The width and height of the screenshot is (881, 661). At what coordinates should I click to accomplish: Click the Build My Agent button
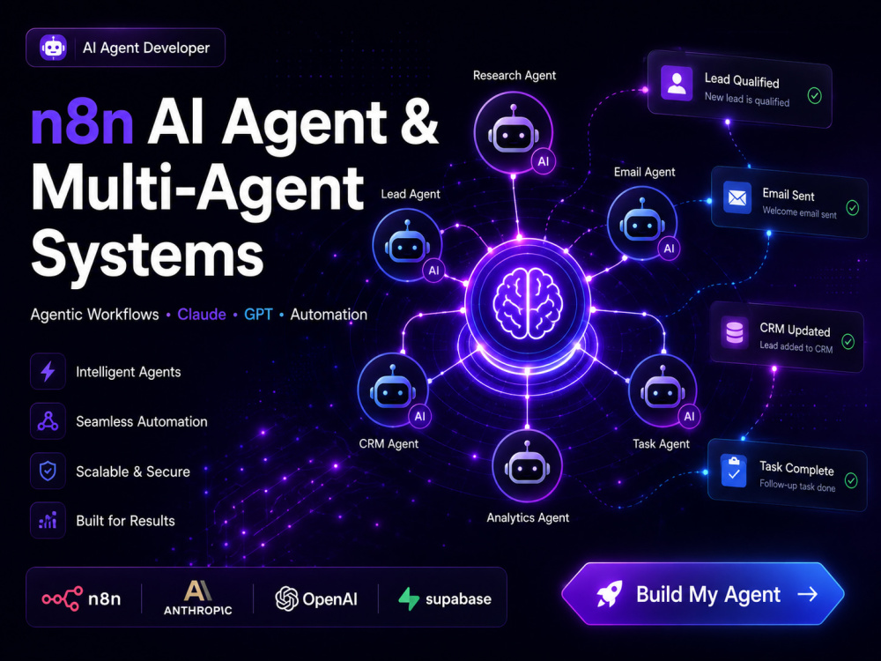tap(702, 594)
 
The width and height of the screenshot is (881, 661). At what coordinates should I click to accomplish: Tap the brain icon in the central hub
tap(527, 303)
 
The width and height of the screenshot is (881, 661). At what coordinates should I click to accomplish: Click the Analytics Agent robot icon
tap(527, 465)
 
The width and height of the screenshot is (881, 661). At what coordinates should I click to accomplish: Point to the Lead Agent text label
tap(411, 194)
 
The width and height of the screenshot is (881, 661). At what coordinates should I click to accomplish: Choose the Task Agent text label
tap(661, 444)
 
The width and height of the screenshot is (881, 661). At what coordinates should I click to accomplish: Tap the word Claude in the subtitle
tap(202, 315)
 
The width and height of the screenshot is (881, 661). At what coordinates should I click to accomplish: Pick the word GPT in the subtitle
tap(258, 315)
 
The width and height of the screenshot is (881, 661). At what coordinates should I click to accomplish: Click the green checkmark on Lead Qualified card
tap(814, 95)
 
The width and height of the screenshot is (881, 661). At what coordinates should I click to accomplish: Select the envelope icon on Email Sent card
tap(737, 197)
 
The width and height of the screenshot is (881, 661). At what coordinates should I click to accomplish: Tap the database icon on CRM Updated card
tap(735, 331)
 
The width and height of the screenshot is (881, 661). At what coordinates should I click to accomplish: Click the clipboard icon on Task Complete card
tap(733, 472)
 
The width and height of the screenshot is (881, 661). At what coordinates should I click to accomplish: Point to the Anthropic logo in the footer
tap(197, 598)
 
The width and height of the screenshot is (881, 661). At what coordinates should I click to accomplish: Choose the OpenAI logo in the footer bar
tap(315, 599)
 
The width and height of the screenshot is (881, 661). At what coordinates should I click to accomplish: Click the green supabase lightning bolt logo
tap(409, 599)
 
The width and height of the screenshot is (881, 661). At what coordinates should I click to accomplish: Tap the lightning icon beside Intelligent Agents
tap(48, 371)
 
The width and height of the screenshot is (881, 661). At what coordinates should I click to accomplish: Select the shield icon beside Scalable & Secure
tap(48, 471)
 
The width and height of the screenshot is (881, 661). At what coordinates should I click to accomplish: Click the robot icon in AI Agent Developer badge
tap(53, 48)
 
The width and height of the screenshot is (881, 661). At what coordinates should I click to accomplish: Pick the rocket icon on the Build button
tap(609, 594)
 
